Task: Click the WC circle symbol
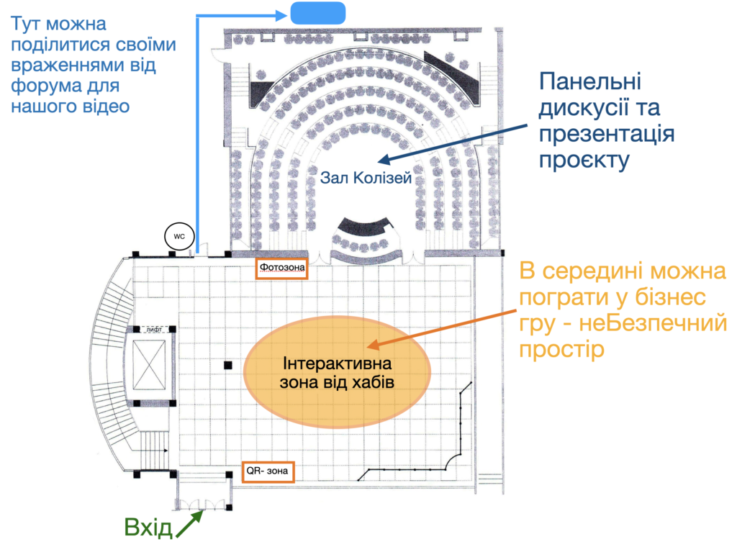point(179,236)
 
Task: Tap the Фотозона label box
point(281,268)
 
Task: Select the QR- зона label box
point(268,471)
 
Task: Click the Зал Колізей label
point(366,178)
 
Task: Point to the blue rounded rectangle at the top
point(318,13)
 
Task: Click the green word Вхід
point(148,528)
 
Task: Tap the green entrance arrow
point(189,523)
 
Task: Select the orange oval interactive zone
point(338,372)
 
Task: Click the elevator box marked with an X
point(149,365)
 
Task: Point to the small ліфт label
point(154,330)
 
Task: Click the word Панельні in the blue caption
point(590,81)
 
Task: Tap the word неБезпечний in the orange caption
point(653,323)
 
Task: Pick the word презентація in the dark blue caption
point(606,135)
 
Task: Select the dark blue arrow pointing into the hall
point(453,144)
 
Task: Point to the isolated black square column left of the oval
point(228,365)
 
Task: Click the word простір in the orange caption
point(561,351)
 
